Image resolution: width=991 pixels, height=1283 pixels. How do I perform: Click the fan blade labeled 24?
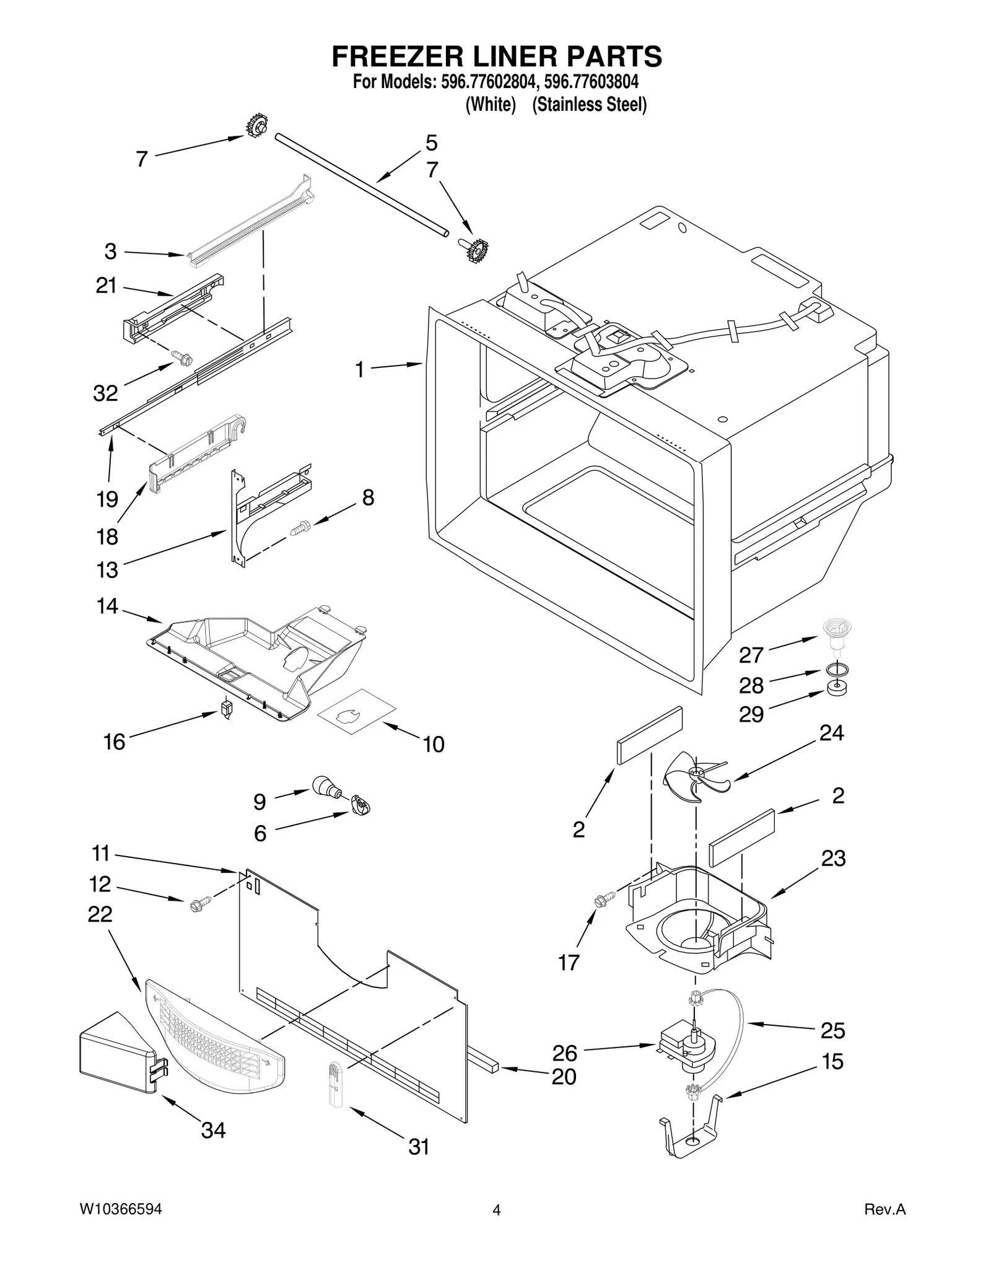point(695,778)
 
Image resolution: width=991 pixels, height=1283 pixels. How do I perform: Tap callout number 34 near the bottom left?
point(213,1131)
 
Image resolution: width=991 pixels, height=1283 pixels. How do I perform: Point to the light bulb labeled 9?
point(326,788)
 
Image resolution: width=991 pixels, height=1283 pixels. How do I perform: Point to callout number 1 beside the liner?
point(359,370)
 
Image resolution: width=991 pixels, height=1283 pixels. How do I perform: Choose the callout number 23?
point(833,859)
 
